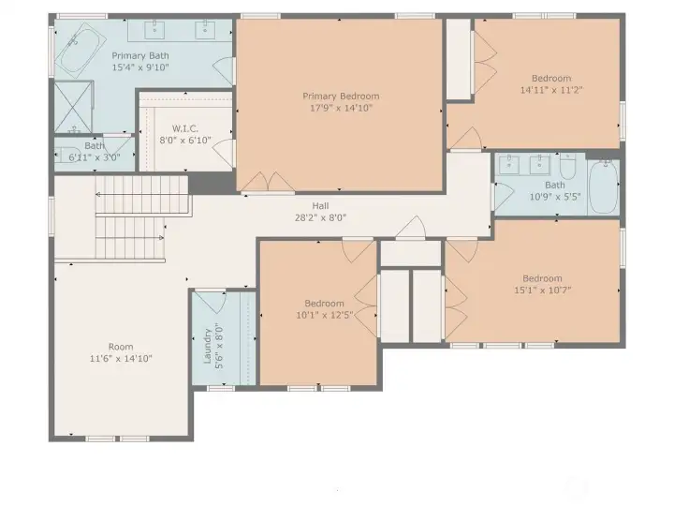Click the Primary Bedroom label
pyautogui.click(x=341, y=96)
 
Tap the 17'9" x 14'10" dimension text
pyautogui.click(x=341, y=108)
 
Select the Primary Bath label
pyautogui.click(x=140, y=55)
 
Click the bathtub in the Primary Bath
pyautogui.click(x=81, y=51)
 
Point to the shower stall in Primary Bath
pyautogui.click(x=73, y=107)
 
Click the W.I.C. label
pyautogui.click(x=185, y=128)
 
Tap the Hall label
pyautogui.click(x=321, y=205)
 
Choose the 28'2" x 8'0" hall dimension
pyautogui.click(x=320, y=217)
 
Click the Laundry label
pyautogui.click(x=207, y=347)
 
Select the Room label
pyautogui.click(x=121, y=347)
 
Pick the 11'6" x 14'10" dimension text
pyautogui.click(x=121, y=358)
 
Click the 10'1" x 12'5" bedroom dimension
pyautogui.click(x=325, y=315)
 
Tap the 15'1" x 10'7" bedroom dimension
pyautogui.click(x=542, y=290)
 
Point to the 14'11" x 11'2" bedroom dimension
pyautogui.click(x=551, y=90)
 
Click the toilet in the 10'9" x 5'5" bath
pyautogui.click(x=568, y=168)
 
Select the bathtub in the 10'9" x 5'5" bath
pyautogui.click(x=603, y=186)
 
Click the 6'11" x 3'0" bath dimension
pyautogui.click(x=95, y=157)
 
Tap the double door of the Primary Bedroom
pyautogui.click(x=268, y=182)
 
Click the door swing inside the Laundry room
pyautogui.click(x=212, y=302)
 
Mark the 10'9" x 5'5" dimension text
pyautogui.click(x=555, y=197)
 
